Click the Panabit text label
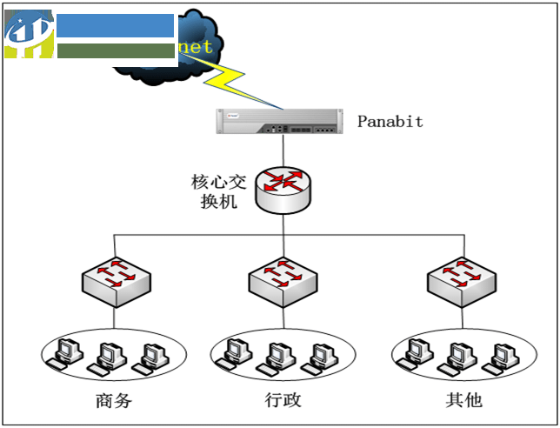click(x=390, y=122)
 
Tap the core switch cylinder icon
click(x=283, y=190)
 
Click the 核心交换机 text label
click(x=218, y=191)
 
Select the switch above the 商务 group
click(x=116, y=279)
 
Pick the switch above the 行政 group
click(x=283, y=279)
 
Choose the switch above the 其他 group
click(x=462, y=279)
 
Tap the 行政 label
click(x=283, y=401)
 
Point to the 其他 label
click(x=462, y=401)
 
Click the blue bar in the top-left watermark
click(x=116, y=25)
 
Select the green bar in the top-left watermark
click(x=116, y=50)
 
